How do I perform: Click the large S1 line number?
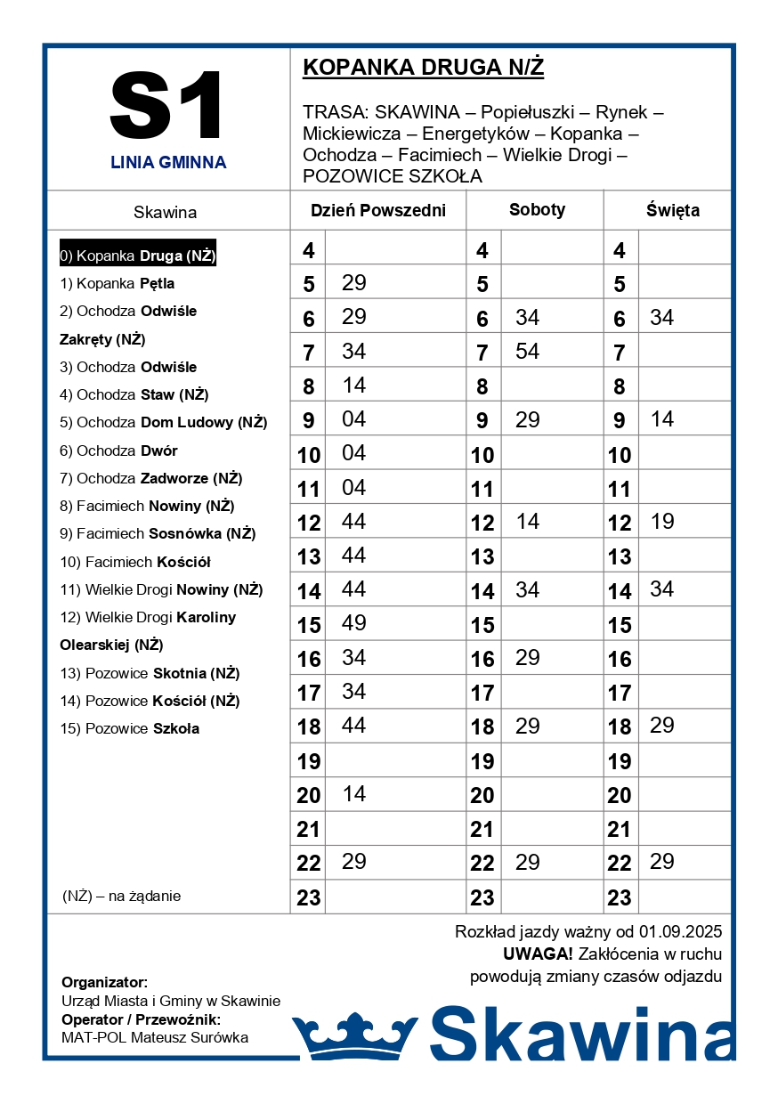(167, 105)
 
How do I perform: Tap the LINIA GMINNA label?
(168, 163)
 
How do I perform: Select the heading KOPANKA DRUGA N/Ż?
(423, 68)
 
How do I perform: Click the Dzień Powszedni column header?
(377, 211)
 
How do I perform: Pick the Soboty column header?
(537, 210)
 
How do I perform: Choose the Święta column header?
(672, 211)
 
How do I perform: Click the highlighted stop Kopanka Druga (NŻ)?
(138, 256)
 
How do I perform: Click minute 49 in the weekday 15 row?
(354, 623)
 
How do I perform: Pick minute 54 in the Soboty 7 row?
(528, 352)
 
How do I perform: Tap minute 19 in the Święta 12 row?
(662, 522)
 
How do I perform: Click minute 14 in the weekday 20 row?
(354, 793)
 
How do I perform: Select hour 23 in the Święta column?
(620, 897)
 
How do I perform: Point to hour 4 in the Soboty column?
(482, 251)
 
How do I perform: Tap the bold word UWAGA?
(538, 954)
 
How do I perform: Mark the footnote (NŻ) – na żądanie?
(122, 896)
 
